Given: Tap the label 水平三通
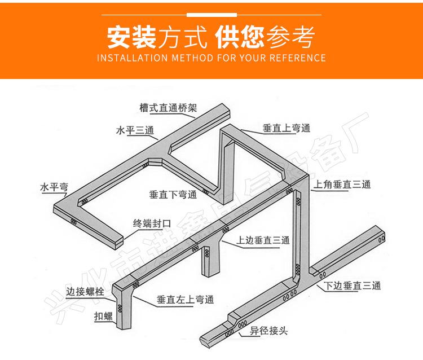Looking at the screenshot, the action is click(135, 131).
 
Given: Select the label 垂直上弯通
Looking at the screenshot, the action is click(286, 129).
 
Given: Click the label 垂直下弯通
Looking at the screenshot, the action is click(173, 195).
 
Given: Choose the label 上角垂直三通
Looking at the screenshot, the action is click(342, 184).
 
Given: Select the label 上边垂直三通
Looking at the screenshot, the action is click(263, 240).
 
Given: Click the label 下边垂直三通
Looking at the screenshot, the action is click(352, 286).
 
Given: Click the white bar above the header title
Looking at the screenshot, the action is click(211, 13).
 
